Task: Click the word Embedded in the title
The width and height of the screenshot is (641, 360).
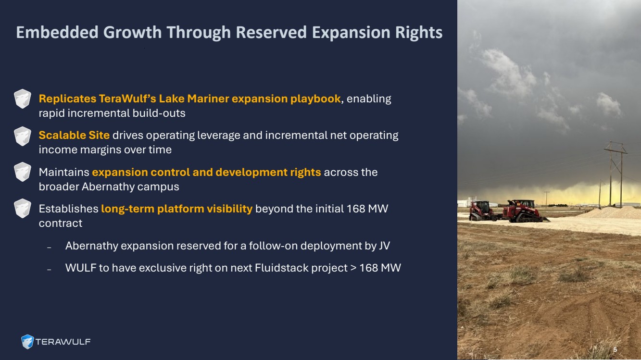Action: pyautogui.click(x=57, y=32)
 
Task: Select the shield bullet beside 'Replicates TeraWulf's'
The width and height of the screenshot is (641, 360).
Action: pyautogui.click(x=22, y=99)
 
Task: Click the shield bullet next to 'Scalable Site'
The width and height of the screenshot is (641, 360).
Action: pyautogui.click(x=22, y=136)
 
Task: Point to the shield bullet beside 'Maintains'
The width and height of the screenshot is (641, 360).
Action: pyautogui.click(x=22, y=172)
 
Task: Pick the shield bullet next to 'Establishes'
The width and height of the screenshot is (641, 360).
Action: pyautogui.click(x=22, y=209)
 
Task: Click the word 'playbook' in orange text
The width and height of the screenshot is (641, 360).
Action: pyautogui.click(x=315, y=99)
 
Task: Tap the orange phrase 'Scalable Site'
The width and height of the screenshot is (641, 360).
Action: pyautogui.click(x=74, y=135)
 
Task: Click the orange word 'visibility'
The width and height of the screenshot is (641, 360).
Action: pyautogui.click(x=229, y=209)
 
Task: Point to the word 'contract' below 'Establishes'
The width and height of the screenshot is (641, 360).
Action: pyautogui.click(x=61, y=223)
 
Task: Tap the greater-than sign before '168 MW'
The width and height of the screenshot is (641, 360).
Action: pyautogui.click(x=353, y=268)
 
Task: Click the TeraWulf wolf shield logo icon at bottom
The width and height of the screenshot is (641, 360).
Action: pyautogui.click(x=27, y=342)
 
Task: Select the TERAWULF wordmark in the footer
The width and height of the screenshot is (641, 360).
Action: pyautogui.click(x=63, y=342)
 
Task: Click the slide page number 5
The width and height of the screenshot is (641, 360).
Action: pyautogui.click(x=615, y=350)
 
